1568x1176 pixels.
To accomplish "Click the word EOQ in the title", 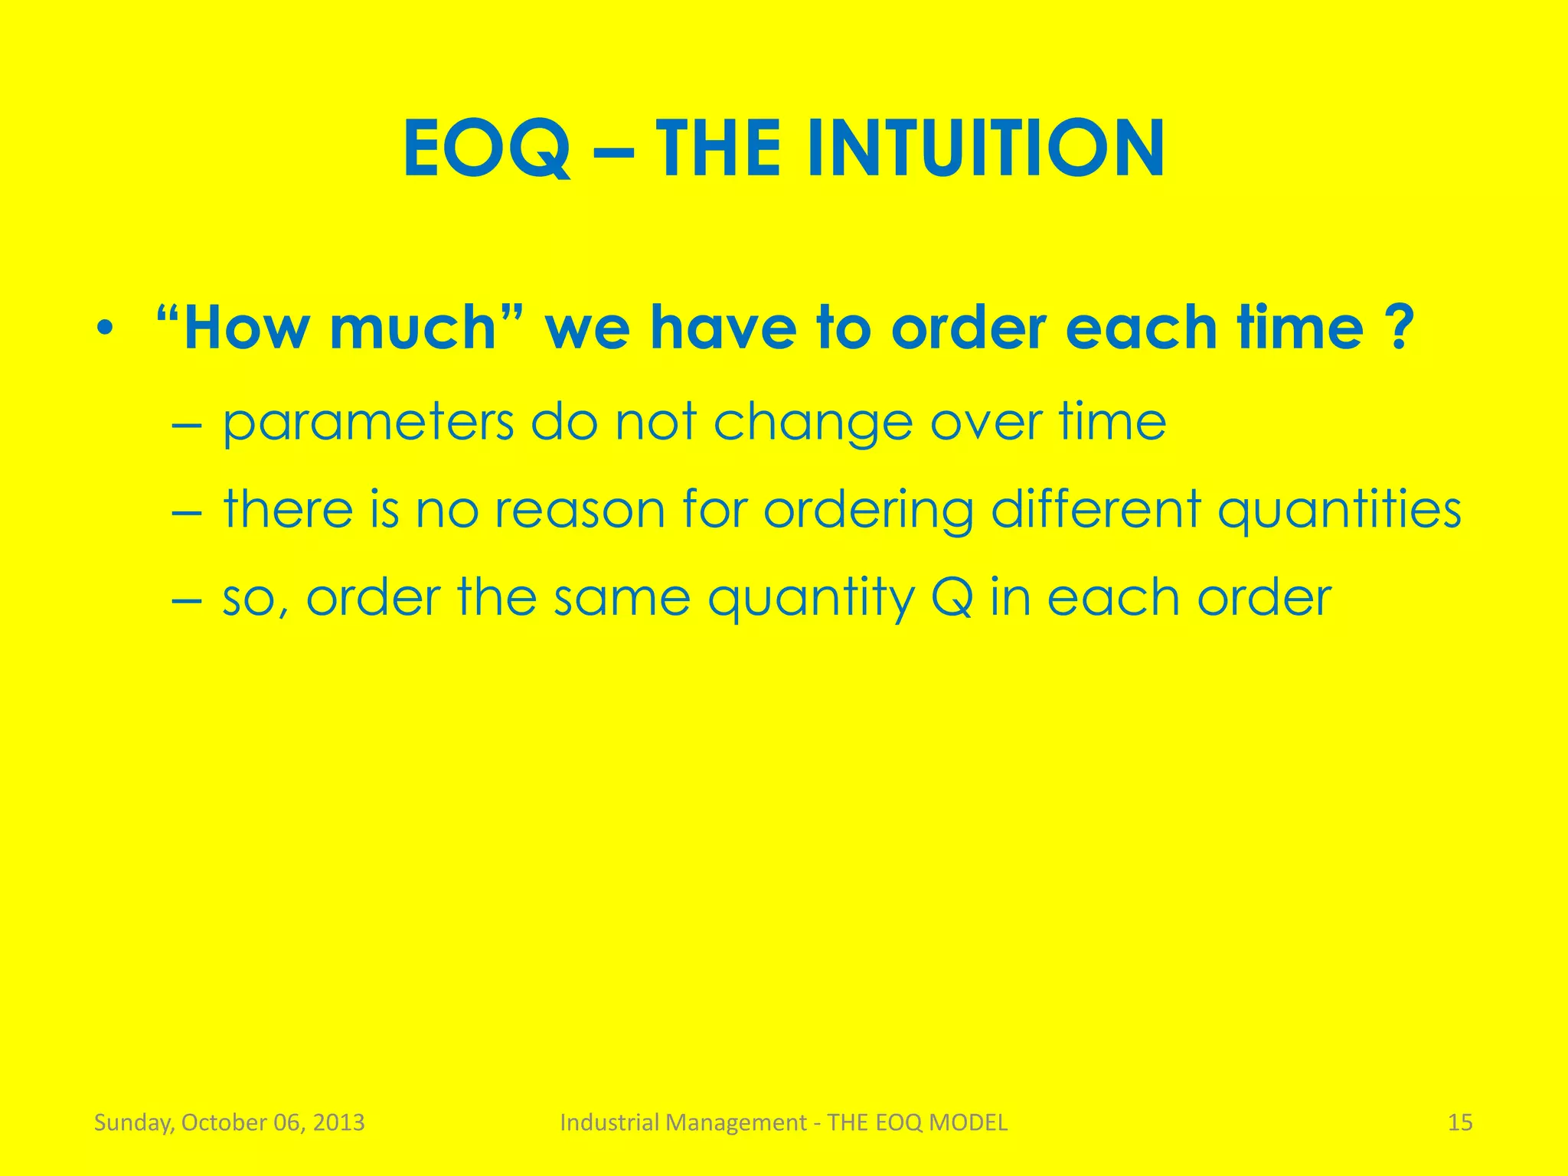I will (x=487, y=149).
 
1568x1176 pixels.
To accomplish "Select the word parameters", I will (x=368, y=423).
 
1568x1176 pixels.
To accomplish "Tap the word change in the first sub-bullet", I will (x=813, y=423).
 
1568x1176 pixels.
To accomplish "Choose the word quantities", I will (x=1339, y=511).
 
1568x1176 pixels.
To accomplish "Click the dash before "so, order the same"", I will (x=185, y=599).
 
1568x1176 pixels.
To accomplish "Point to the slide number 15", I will (x=1460, y=1122).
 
